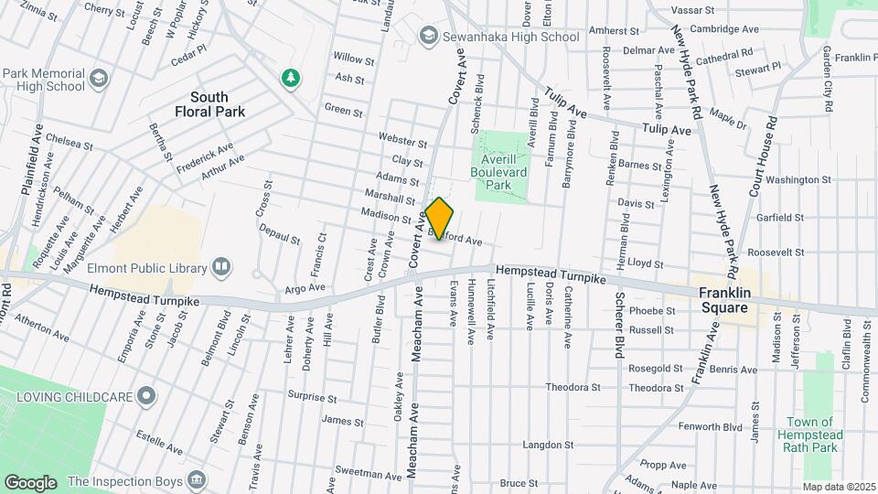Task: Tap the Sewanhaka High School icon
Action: pos(427,36)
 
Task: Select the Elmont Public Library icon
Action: pos(220,267)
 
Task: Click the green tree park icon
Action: pos(291,78)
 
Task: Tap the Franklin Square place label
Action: pos(730,300)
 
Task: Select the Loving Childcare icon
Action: pos(145,397)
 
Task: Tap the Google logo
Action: pos(30,482)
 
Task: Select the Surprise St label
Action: pos(314,398)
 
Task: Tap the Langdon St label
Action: pos(547,446)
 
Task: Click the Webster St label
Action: pos(403,143)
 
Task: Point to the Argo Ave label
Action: pos(305,287)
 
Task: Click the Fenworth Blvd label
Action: pos(710,426)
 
